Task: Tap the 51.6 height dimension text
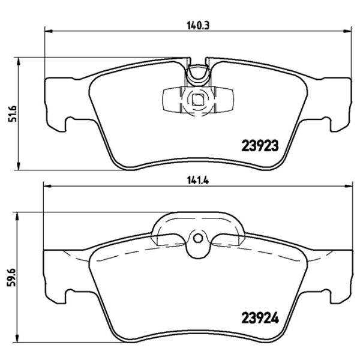tap(10, 112)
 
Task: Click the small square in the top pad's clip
tap(196, 100)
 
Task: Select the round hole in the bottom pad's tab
tap(196, 238)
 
